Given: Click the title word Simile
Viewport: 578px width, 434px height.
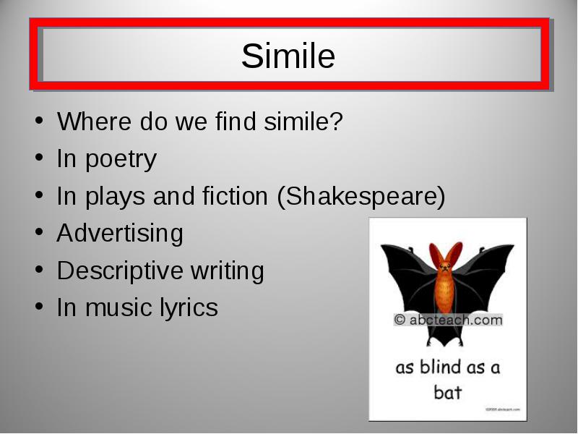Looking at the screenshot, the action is coord(288,56).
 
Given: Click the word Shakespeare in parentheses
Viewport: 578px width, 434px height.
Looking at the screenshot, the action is coord(361,195).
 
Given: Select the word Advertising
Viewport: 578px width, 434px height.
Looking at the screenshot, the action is coord(120,233).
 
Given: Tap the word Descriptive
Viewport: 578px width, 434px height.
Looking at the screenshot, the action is coord(120,271).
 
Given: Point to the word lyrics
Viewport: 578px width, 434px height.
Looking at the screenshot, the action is coord(189,308).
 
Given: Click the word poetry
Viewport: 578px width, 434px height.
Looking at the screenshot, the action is coord(121,159).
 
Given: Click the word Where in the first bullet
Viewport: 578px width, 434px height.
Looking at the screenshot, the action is coord(95,121).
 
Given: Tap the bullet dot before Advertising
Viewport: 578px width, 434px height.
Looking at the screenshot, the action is coord(39,232).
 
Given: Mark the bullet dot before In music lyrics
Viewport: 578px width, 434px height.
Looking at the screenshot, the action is coord(39,306).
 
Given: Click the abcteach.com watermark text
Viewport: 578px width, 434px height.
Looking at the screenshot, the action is coord(448,320).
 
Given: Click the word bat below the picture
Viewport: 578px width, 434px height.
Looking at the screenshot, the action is coord(447,392).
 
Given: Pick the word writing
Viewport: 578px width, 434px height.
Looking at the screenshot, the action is coord(227,271).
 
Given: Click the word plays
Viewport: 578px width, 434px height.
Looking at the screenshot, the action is coord(115,196).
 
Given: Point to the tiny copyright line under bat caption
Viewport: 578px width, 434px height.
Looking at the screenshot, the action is coord(503,409).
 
